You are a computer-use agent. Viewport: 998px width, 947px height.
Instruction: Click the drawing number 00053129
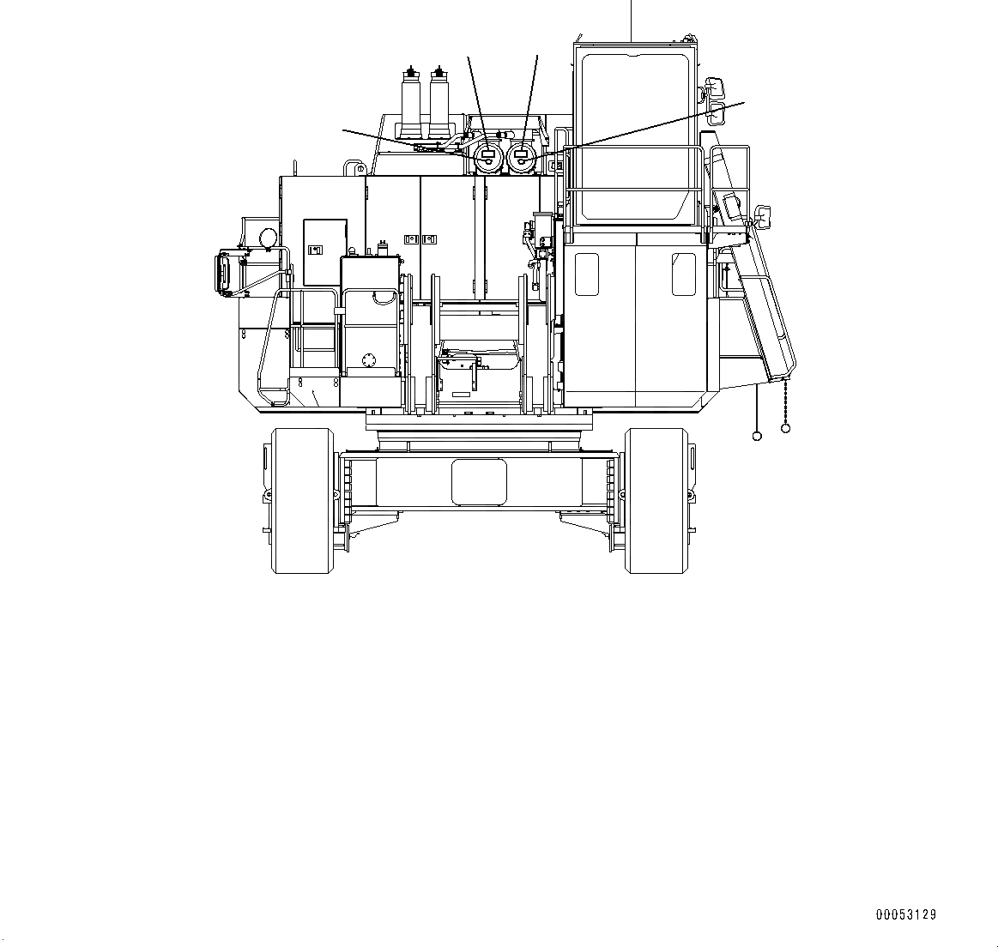click(905, 915)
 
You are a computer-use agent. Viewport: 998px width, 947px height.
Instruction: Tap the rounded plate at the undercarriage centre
click(479, 480)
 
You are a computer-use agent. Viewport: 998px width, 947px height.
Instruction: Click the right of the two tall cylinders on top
click(442, 100)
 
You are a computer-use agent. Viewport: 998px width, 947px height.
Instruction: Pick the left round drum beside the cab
click(488, 157)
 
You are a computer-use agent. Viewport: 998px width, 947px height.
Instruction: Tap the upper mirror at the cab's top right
click(716, 87)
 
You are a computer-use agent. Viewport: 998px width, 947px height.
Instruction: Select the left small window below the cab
click(586, 274)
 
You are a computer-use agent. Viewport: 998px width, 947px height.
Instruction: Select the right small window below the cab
click(684, 274)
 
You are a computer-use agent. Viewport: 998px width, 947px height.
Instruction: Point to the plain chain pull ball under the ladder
click(757, 436)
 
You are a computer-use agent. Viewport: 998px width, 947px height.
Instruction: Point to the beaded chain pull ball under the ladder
click(785, 427)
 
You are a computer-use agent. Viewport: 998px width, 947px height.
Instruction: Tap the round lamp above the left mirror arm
click(268, 236)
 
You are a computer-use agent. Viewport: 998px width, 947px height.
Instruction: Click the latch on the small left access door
click(315, 250)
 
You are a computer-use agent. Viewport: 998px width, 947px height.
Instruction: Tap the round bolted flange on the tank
click(369, 360)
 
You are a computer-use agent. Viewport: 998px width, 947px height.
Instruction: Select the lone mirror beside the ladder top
click(761, 213)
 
